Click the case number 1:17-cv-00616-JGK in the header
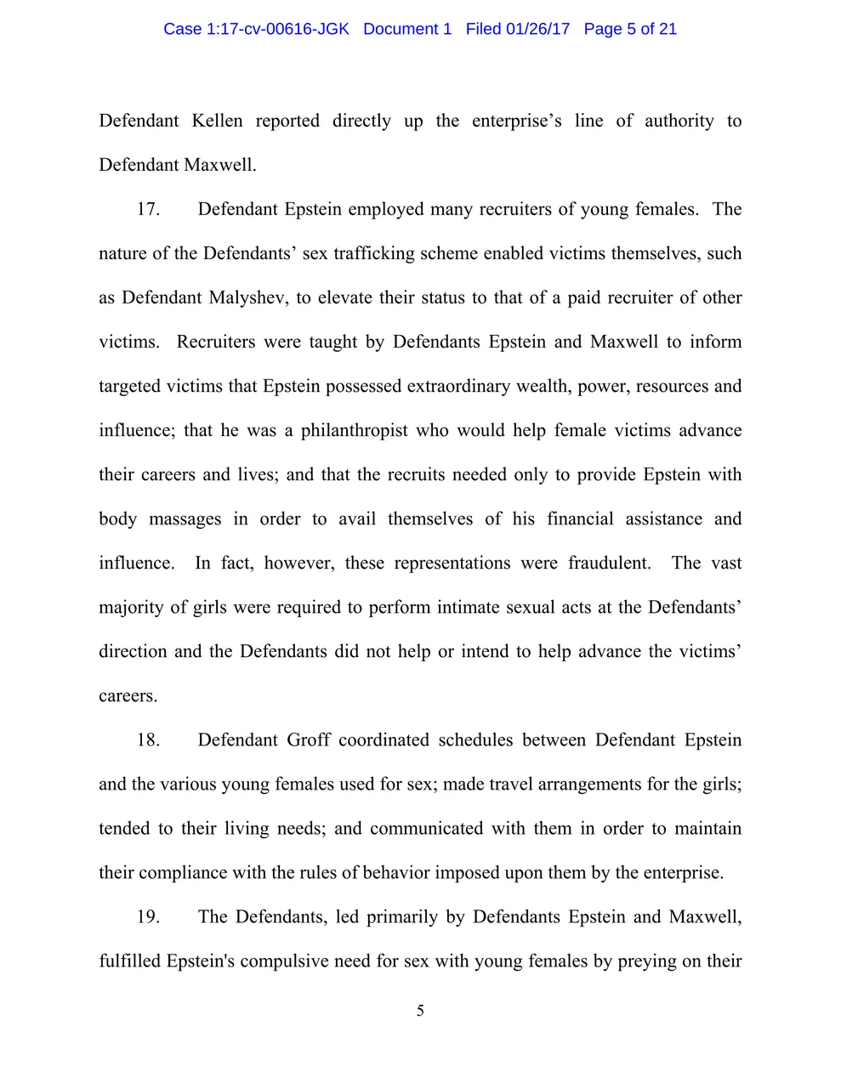277,29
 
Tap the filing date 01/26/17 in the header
537,29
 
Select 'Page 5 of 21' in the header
630,29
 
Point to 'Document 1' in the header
407,29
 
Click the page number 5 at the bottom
420,1011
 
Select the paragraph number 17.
148,209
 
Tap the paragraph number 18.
148,739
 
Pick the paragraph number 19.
148,916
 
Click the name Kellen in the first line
217,121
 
